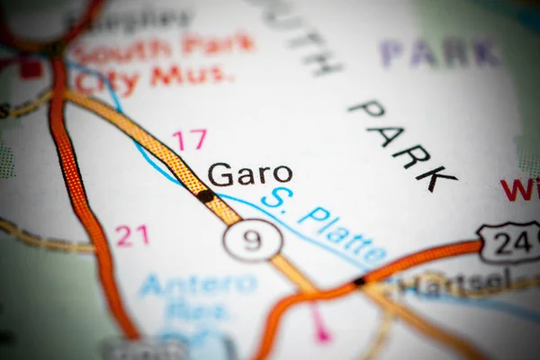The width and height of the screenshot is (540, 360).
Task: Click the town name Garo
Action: coord(249,174)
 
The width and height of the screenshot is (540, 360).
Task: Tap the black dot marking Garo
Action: coord(206,195)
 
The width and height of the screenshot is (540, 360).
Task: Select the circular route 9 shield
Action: coord(253,240)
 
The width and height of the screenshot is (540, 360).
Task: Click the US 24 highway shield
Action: coord(509,241)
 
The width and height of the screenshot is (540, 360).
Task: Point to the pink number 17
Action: coord(189,139)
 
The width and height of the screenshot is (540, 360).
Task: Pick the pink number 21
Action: coord(131,236)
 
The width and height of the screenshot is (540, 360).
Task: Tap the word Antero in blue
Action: coord(198,285)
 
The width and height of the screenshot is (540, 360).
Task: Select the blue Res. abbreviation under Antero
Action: coord(196,312)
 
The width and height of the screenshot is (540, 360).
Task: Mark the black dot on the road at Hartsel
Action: coord(359,282)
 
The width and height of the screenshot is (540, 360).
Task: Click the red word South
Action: coord(121,48)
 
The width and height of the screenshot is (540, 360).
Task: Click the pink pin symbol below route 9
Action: coord(320,332)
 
